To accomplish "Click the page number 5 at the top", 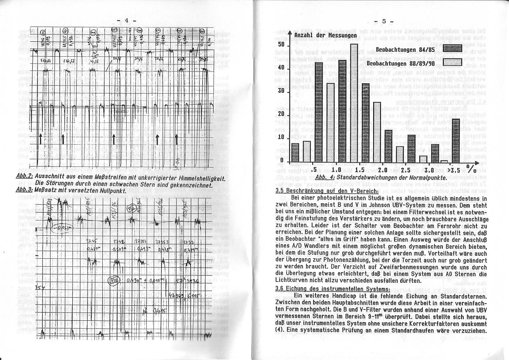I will point(384,21).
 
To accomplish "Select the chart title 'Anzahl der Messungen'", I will point(325,35).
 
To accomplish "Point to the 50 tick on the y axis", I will point(281,45).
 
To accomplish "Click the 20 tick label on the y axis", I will point(281,114).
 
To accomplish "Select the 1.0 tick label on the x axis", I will point(336,170).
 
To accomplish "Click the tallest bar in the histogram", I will point(354,103).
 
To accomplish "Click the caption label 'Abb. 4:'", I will point(324,177).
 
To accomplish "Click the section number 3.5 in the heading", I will point(281,190).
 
